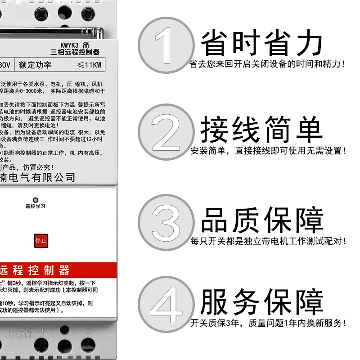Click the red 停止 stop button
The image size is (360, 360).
40,241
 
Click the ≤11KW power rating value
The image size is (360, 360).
90,65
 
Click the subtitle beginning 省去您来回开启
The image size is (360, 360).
268,64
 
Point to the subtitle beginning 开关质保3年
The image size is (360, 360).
268,323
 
